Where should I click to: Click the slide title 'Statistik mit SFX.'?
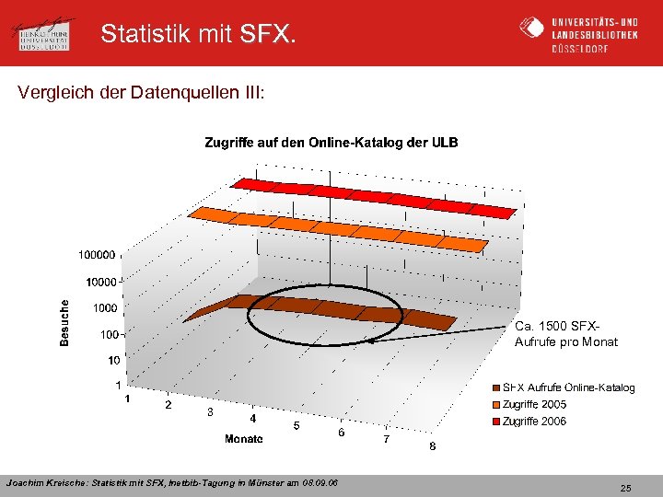[x=199, y=35]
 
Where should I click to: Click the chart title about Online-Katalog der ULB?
[x=331, y=143]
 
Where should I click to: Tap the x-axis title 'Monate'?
[x=244, y=439]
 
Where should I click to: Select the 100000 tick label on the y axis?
[x=97, y=253]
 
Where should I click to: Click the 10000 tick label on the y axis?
[x=99, y=281]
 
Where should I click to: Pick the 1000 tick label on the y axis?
[x=103, y=308]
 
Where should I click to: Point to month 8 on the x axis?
[x=433, y=446]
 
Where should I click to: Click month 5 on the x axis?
[x=296, y=425]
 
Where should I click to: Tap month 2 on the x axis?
[x=168, y=405]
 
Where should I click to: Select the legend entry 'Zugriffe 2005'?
[x=534, y=404]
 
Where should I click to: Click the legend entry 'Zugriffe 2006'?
[x=534, y=422]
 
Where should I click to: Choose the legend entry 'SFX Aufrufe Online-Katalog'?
[x=568, y=387]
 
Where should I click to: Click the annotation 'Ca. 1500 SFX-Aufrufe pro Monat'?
[x=566, y=334]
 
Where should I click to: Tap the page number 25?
[x=625, y=487]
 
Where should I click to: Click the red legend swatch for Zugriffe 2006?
[x=496, y=422]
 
